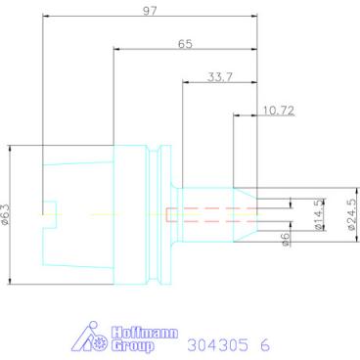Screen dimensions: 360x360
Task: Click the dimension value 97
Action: click(x=150, y=11)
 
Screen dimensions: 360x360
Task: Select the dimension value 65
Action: click(x=185, y=44)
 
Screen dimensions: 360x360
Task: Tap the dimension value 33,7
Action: click(x=220, y=77)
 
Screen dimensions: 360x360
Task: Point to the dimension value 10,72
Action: click(x=279, y=111)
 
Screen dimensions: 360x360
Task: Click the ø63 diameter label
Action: click(x=6, y=214)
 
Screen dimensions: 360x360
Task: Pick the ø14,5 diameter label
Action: click(x=320, y=214)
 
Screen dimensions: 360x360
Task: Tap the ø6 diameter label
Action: click(x=286, y=239)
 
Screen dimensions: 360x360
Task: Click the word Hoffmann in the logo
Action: click(x=145, y=334)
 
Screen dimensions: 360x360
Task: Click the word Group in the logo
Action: click(x=132, y=345)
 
